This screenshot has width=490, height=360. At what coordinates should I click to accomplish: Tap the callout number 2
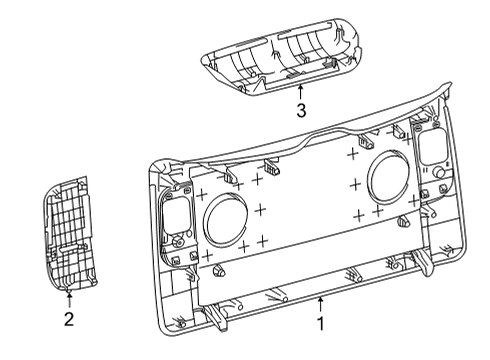click(x=67, y=319)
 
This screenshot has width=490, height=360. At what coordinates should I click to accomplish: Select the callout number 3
click(x=299, y=110)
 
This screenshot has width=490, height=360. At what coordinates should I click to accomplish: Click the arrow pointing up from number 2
click(x=67, y=298)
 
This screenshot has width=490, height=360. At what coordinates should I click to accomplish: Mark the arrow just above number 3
click(x=299, y=92)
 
